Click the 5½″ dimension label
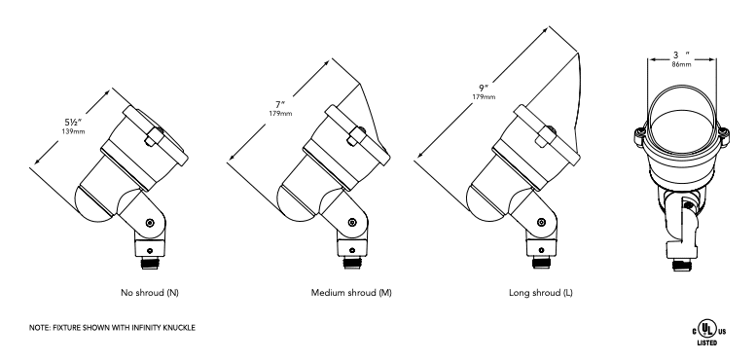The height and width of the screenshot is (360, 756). click(x=74, y=123)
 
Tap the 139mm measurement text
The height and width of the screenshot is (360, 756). click(x=73, y=131)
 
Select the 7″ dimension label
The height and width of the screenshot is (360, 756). click(x=280, y=104)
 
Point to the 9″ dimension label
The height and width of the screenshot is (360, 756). click(x=484, y=88)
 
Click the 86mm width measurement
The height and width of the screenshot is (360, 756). click(x=681, y=64)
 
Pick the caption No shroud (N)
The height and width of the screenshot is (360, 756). click(x=150, y=293)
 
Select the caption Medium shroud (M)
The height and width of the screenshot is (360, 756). click(x=351, y=293)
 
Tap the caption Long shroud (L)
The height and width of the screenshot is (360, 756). click(x=541, y=293)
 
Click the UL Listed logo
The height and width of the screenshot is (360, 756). click(x=707, y=334)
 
